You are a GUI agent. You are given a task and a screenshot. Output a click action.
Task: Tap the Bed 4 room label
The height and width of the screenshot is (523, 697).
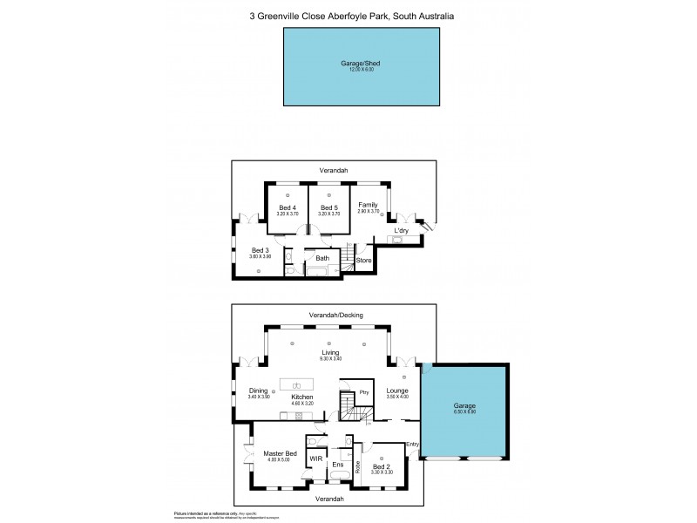288,207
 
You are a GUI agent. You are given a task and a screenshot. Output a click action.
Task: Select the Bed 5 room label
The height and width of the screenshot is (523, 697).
328,207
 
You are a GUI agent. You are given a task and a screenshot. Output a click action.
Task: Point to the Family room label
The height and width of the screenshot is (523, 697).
369,204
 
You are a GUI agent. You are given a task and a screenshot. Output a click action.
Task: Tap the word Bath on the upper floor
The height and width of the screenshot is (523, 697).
322,258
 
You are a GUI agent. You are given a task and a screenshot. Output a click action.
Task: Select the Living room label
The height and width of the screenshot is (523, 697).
329,353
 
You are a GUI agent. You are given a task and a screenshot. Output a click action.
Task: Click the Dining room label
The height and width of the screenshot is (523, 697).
258,391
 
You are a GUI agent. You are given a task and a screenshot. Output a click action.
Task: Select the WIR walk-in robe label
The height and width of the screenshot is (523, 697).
316,458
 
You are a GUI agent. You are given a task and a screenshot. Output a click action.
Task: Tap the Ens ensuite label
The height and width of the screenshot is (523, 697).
338,465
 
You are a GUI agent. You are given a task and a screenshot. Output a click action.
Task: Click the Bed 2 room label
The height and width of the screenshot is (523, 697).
382,467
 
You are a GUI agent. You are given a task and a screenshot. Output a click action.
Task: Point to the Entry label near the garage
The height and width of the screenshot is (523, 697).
412,445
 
